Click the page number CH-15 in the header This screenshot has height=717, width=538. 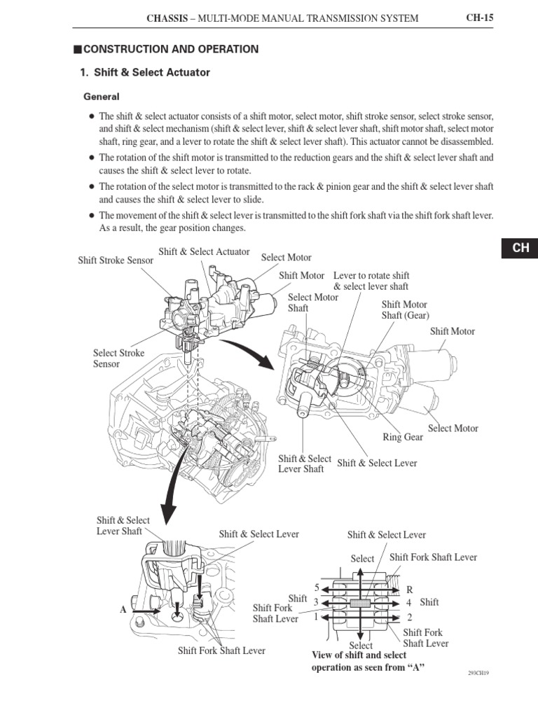(x=479, y=18)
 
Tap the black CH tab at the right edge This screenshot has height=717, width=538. (x=520, y=249)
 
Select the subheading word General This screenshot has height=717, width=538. (x=102, y=97)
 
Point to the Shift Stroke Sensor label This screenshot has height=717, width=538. (x=116, y=260)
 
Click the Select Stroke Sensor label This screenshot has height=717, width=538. (x=119, y=358)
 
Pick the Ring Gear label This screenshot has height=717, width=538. (x=403, y=438)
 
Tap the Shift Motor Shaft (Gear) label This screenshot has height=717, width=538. (x=405, y=310)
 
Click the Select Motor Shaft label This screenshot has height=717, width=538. (x=313, y=302)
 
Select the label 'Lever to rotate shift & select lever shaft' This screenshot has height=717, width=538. (x=371, y=281)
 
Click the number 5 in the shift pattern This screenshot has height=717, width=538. (x=317, y=587)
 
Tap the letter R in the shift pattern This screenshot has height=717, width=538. (x=410, y=590)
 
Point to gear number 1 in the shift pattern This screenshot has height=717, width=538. (x=317, y=617)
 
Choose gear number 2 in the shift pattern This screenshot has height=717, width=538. (x=410, y=618)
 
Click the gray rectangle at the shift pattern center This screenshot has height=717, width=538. (x=361, y=602)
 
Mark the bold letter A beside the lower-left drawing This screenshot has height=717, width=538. (x=123, y=610)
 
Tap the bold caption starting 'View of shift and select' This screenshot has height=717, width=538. (x=359, y=661)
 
